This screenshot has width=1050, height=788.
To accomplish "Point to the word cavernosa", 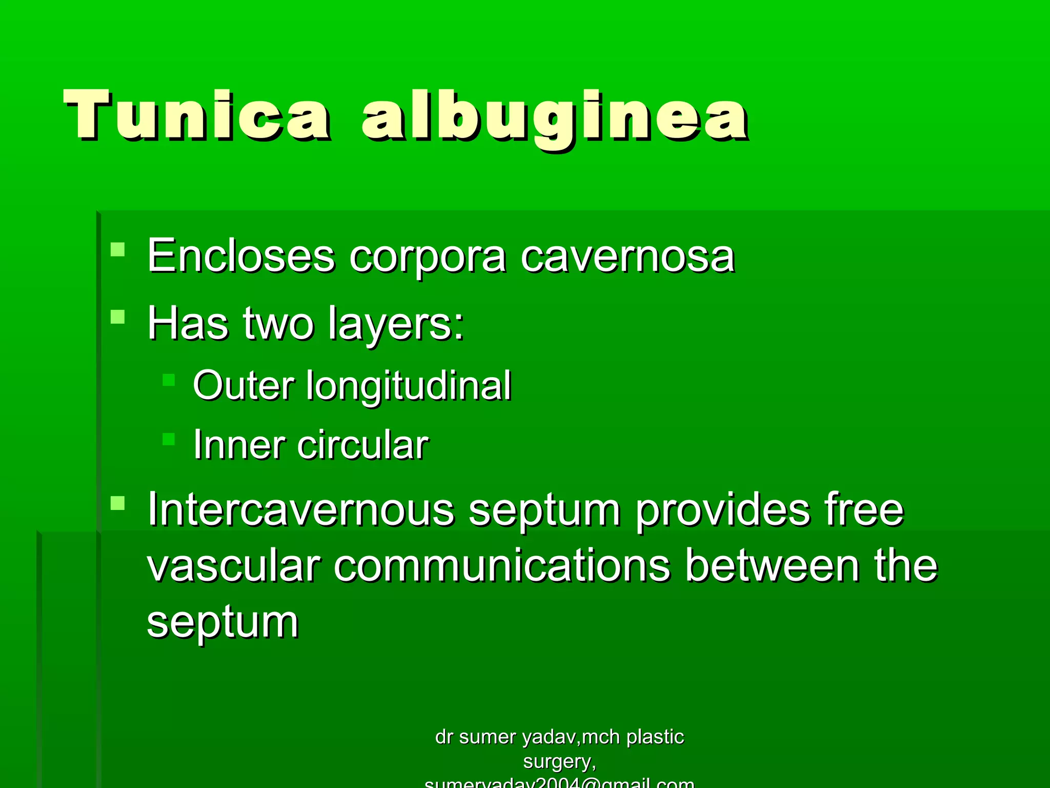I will (628, 257).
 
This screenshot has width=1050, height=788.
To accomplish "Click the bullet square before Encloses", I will (118, 249).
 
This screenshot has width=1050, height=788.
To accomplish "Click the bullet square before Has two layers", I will (118, 317).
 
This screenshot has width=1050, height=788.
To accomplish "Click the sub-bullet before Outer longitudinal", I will (169, 380).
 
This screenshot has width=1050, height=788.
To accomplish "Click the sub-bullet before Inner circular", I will (169, 439).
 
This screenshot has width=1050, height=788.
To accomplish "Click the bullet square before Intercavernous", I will (118, 503).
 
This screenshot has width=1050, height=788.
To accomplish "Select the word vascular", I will (234, 566).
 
